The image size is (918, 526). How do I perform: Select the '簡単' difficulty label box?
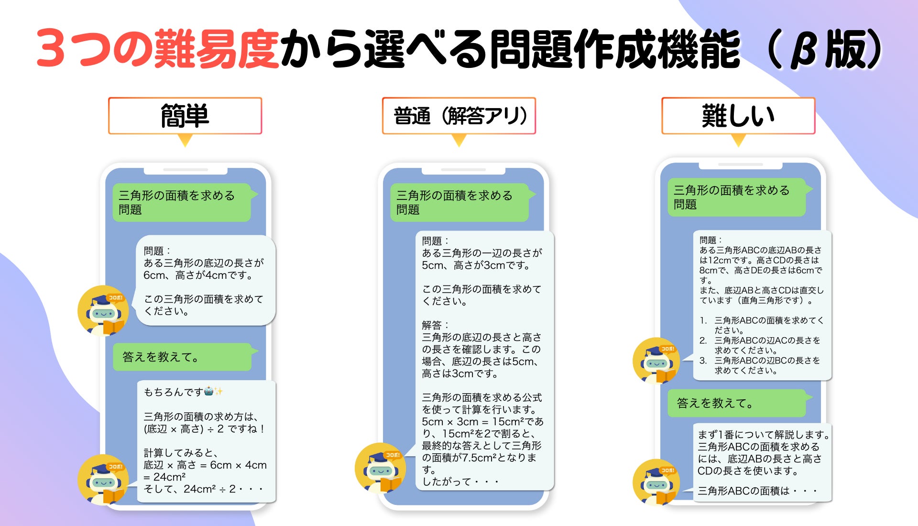point(185,116)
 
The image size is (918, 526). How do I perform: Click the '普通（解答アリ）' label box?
point(459,116)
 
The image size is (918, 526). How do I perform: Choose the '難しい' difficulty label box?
point(738,116)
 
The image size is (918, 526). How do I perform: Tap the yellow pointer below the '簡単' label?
point(185,140)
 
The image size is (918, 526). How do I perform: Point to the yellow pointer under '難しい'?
point(738,140)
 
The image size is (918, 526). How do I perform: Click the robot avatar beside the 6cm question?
point(103,311)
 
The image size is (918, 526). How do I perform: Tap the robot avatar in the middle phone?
point(380,468)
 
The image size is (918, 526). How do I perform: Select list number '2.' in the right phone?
point(703,340)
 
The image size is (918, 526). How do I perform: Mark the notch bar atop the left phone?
point(186,170)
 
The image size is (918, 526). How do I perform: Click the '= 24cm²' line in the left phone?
point(164,477)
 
